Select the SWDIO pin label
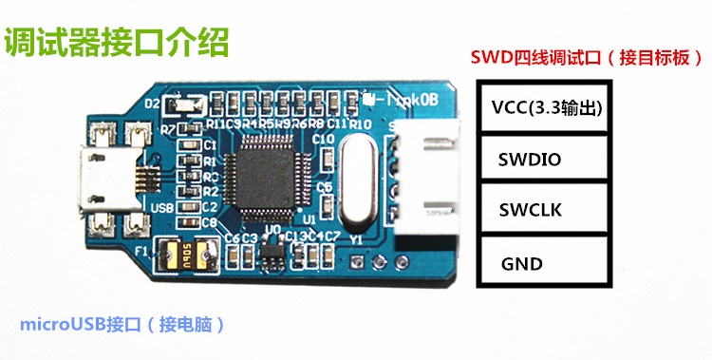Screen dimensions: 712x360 pos(529,160)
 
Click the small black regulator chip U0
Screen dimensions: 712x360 pos(272,249)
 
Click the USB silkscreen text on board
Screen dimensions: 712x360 pos(161,205)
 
